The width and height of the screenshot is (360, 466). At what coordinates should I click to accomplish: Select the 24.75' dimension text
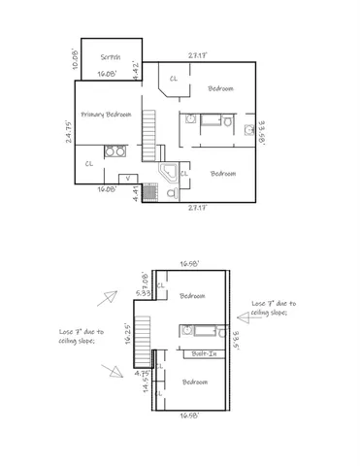[x=70, y=133]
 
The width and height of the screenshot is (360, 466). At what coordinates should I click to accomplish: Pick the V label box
[x=128, y=178]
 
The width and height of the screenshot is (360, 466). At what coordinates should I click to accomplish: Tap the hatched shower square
[x=149, y=192]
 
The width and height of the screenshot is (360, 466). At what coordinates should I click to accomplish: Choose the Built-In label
[x=205, y=354]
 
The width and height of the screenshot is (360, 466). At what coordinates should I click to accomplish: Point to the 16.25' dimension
[x=129, y=333]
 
